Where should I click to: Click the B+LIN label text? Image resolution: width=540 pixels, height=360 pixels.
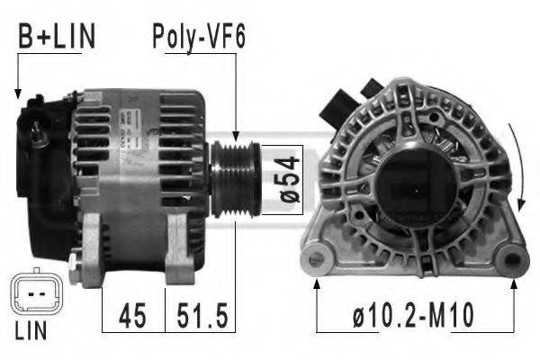pos(57,38)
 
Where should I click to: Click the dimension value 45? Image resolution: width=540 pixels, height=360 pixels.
pos(132,317)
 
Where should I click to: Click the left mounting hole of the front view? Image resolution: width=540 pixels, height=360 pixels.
pos(317,261)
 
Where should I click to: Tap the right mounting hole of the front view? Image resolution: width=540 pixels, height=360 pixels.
pos(512,262)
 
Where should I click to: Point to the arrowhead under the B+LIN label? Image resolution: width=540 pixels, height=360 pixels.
pos(17,91)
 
